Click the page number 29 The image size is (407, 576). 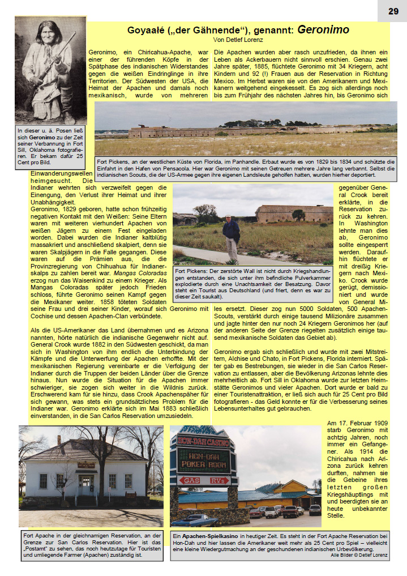coord(393,11)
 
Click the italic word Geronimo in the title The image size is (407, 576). coord(323,30)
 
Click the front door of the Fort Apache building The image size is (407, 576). coord(86,484)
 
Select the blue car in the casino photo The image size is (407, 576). coord(195,519)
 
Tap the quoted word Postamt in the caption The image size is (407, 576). coord(38,549)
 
